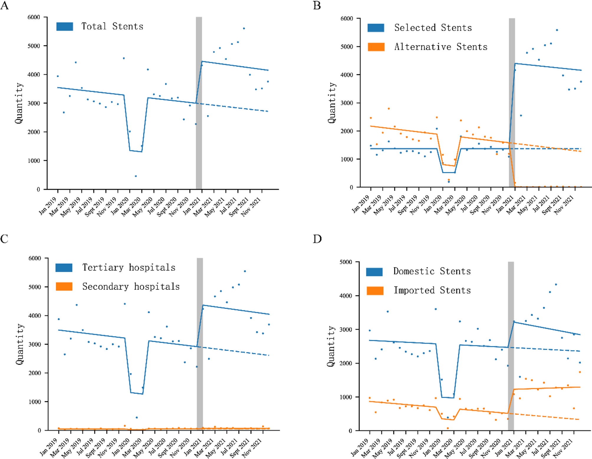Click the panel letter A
click(x=4, y=5)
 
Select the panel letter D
click(x=317, y=239)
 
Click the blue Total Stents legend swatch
click(x=65, y=27)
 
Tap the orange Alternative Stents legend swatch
click(x=376, y=47)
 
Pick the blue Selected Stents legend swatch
click(x=376, y=28)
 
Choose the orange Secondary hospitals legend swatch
click(x=64, y=287)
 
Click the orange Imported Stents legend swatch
click(x=375, y=290)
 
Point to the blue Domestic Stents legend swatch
click(x=374, y=272)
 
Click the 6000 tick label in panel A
click(x=34, y=17)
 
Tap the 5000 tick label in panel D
click(x=346, y=262)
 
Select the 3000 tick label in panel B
click(x=347, y=103)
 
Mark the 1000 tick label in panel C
click(x=35, y=402)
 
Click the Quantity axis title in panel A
click(x=19, y=103)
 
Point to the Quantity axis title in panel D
click(x=331, y=346)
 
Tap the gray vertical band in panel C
click(x=200, y=343)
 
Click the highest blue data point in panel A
click(x=244, y=29)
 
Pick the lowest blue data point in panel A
click(x=136, y=176)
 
